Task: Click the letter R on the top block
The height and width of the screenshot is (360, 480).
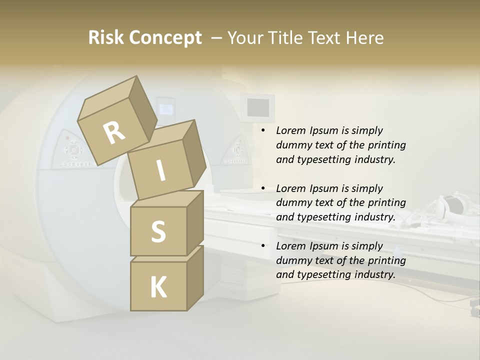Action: [114, 133]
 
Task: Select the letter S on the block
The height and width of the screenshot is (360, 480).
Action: [158, 231]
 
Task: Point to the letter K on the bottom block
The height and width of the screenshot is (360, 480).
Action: [158, 287]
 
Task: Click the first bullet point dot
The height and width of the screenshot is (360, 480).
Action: [263, 131]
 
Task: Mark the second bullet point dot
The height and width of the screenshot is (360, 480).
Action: [263, 189]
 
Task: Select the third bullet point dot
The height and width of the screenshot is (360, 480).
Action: [263, 246]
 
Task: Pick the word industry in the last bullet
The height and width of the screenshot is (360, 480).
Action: [374, 274]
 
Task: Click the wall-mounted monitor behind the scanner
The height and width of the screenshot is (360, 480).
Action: [257, 106]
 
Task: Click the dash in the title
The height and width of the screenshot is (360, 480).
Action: [217, 37]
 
